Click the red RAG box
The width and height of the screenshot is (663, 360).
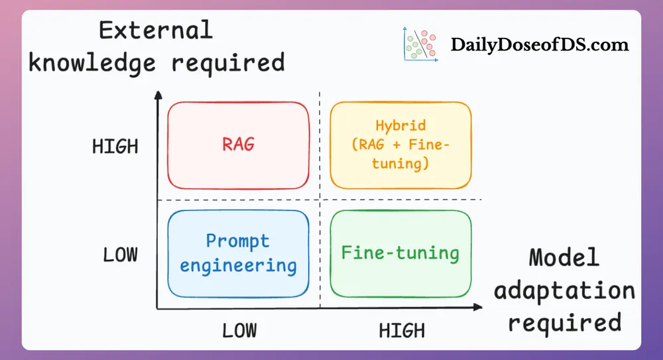point(238,145)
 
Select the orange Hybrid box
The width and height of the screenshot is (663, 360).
point(400,145)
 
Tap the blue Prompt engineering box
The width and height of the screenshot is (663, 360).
point(238,254)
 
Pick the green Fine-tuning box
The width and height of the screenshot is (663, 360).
point(400,254)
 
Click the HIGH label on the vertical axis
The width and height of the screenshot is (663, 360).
point(115,147)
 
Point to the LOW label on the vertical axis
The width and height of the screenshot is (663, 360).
point(120,255)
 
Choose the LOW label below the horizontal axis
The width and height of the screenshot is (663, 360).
point(239,330)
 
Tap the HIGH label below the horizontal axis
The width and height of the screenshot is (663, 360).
point(402,330)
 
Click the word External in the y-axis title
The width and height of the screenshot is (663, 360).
point(156,30)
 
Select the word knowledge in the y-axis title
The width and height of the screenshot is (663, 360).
point(92,63)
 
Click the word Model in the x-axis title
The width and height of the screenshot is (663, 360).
point(564,257)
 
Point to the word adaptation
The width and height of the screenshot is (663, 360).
point(564,292)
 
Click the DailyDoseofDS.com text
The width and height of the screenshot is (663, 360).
point(540,45)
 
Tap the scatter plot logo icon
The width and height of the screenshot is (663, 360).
point(421,44)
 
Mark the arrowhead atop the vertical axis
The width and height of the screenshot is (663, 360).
point(158,95)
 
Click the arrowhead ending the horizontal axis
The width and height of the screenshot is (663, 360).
point(478,307)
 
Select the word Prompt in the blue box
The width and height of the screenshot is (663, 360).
point(237,241)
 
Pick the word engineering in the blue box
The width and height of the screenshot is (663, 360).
point(238,266)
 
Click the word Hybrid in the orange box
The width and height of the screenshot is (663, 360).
point(400,126)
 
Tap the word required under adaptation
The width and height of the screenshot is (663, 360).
point(564,324)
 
